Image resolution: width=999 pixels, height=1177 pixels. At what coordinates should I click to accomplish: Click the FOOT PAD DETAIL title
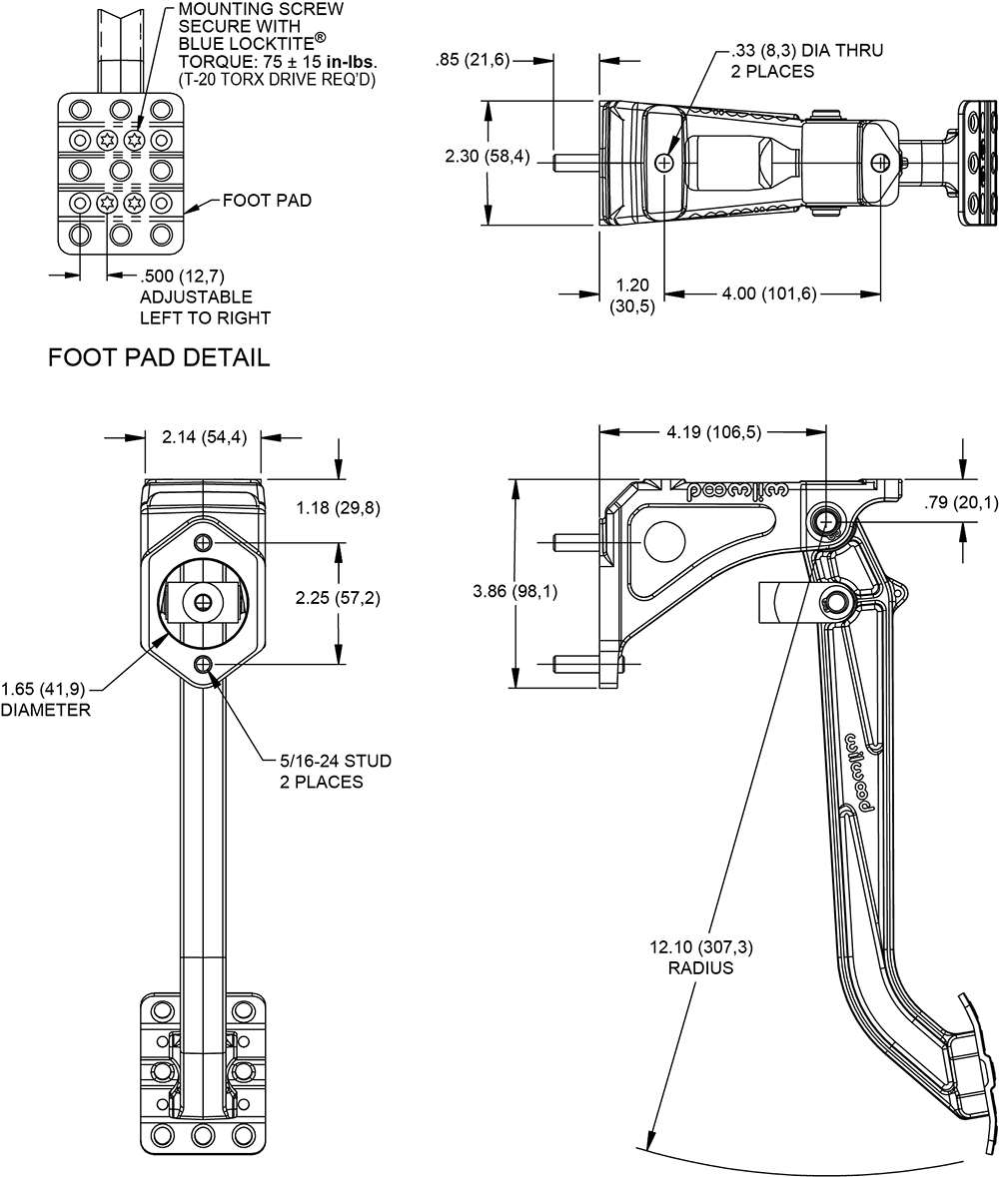click(159, 357)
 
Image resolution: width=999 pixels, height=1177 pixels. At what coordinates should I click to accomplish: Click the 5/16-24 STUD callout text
click(335, 762)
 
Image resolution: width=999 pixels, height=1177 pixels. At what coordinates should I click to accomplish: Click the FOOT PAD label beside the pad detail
click(239, 201)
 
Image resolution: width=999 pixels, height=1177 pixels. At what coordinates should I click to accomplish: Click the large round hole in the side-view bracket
click(661, 539)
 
